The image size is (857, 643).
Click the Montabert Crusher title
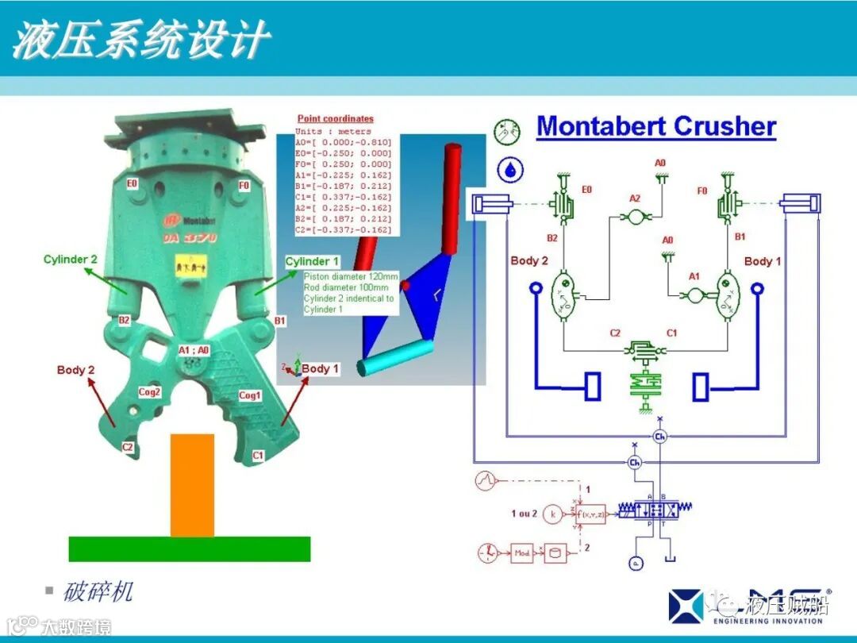655,126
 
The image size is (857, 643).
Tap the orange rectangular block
192,484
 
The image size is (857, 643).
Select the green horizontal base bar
189,549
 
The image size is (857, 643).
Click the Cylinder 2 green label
71,260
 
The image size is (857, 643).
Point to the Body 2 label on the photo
75,370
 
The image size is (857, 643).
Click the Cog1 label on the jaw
250,395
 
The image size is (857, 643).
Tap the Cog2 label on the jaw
150,391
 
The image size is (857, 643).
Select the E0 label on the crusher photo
132,183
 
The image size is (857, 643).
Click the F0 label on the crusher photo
244,185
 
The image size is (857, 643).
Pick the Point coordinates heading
335,119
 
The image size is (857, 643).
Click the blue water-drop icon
506,167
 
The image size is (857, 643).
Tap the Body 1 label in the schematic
762,261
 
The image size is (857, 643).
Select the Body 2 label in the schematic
529,260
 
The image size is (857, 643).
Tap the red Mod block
521,553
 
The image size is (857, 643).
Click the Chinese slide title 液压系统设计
140,40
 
